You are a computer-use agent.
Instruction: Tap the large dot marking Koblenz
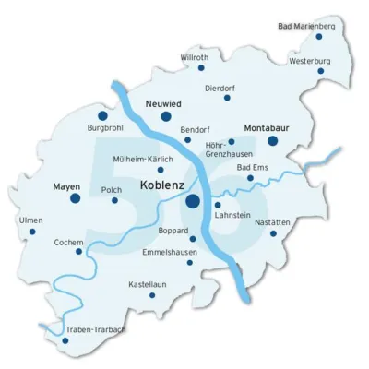193,200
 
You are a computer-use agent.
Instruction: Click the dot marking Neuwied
167,117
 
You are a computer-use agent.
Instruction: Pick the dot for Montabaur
273,140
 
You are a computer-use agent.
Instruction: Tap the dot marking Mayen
76,197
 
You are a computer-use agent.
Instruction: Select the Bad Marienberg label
306,26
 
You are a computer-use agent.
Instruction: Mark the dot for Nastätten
273,233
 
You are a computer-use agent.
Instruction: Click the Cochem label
70,240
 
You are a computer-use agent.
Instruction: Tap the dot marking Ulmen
32,232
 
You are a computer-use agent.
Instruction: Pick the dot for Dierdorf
228,98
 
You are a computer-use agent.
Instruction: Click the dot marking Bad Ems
250,178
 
